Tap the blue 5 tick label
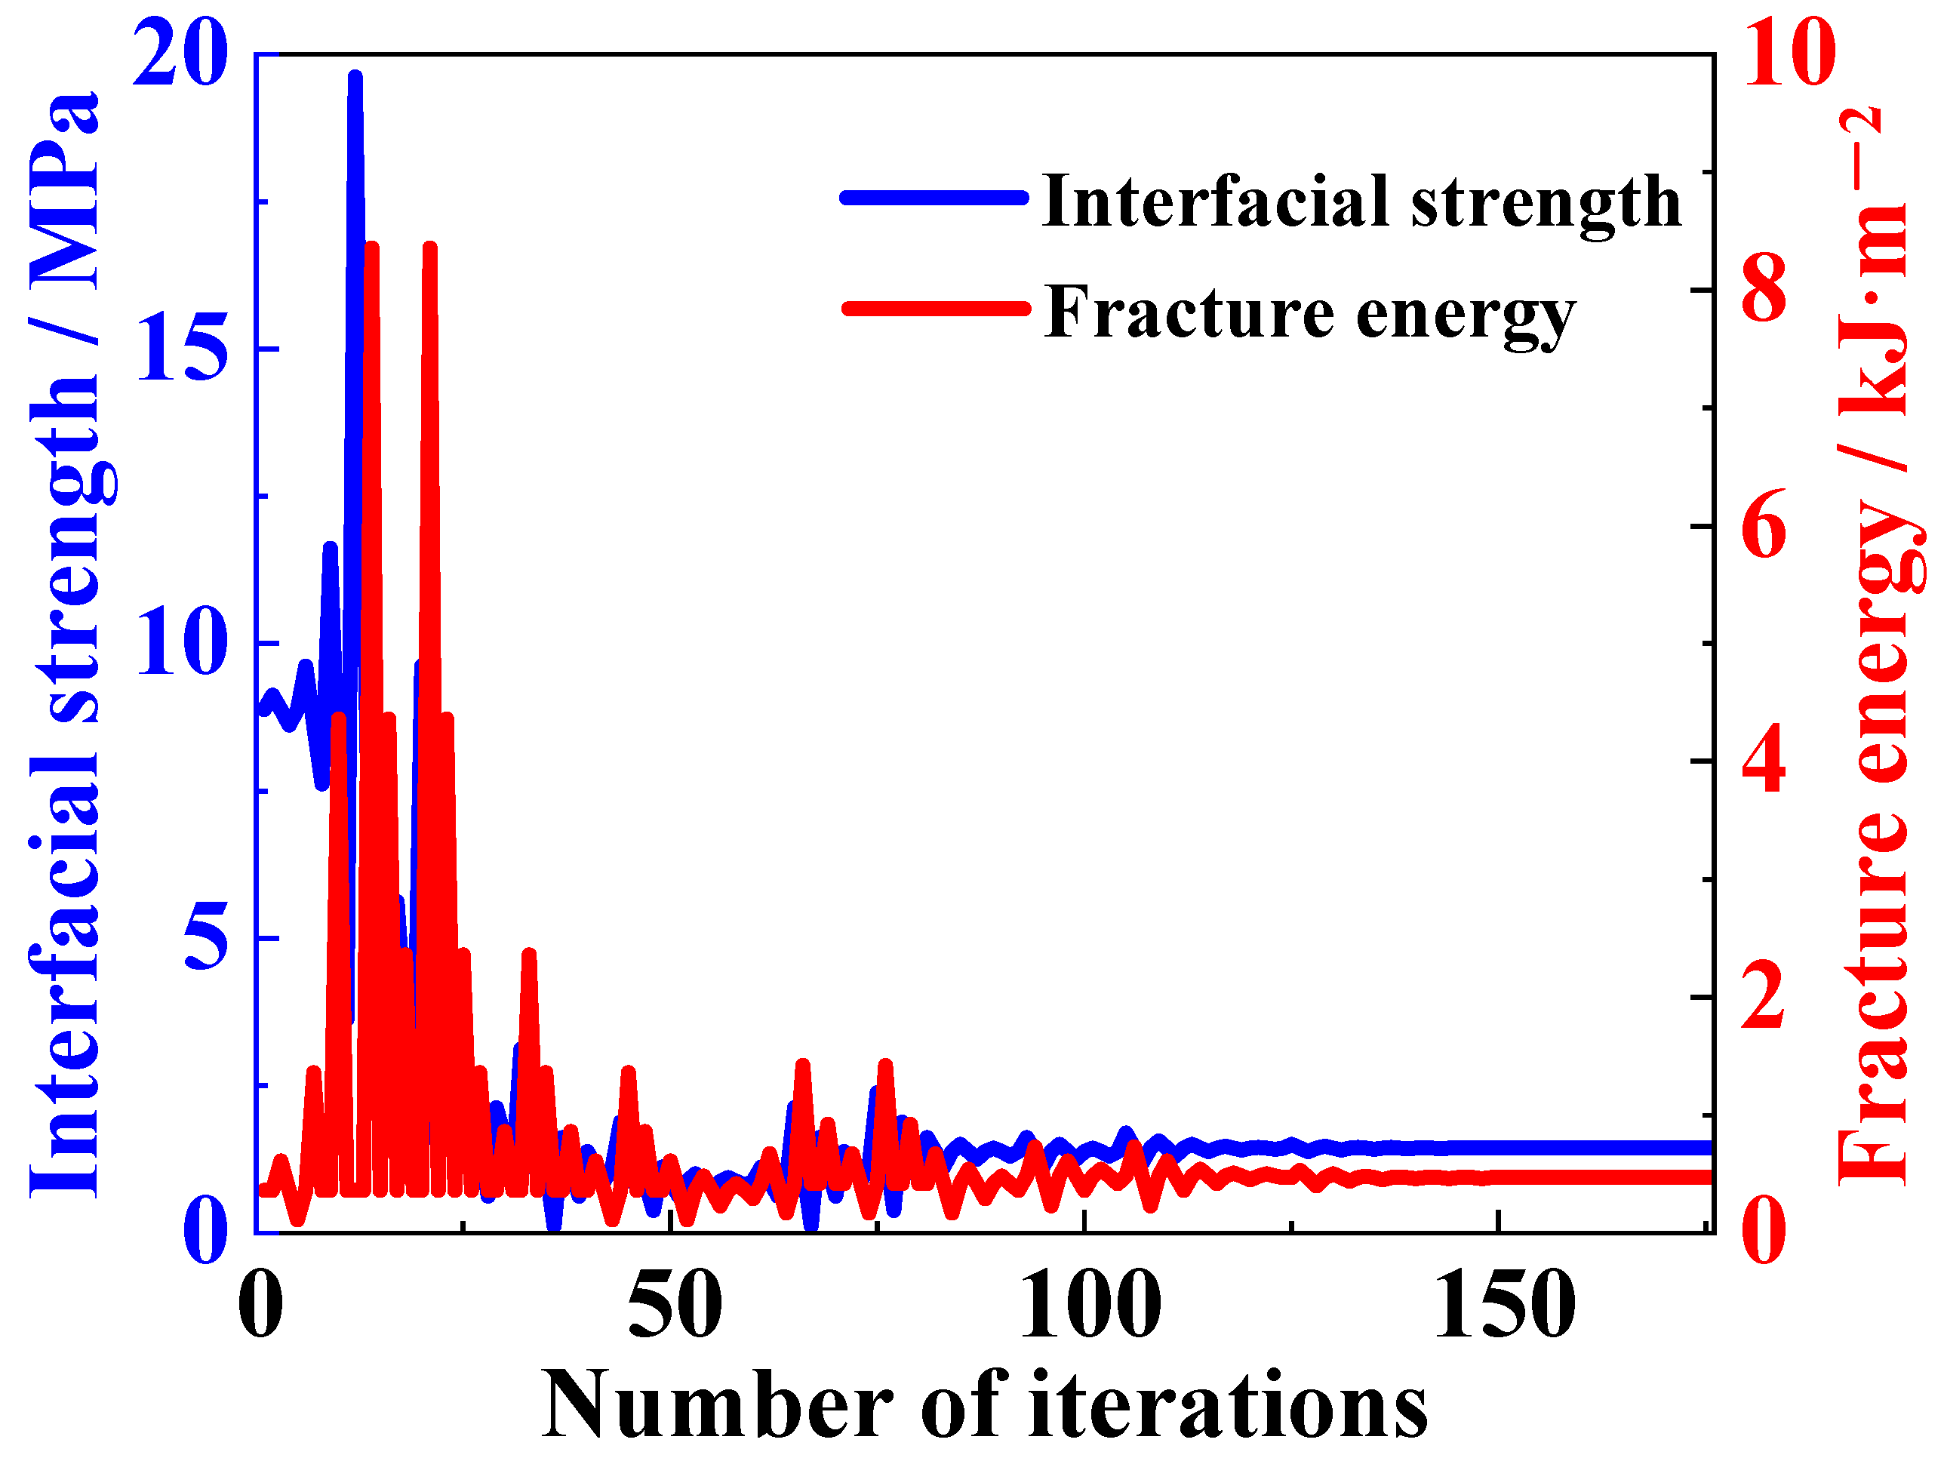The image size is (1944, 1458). pos(207,939)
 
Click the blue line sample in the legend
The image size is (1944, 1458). pos(934,198)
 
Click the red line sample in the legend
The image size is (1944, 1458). pos(935,309)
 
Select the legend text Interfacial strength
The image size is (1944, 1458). pos(1361,203)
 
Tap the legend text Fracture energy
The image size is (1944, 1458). pos(1310,314)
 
